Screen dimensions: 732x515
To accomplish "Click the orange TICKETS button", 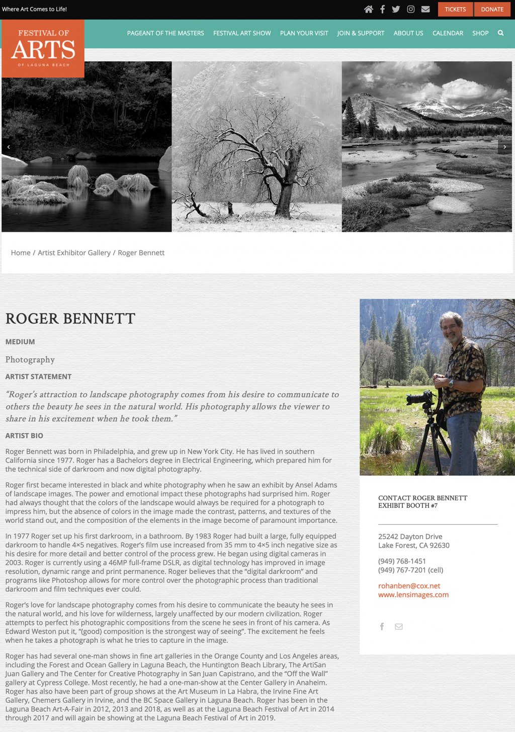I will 455,9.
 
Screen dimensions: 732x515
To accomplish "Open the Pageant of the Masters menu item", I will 165,33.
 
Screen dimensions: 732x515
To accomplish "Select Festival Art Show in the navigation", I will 242,33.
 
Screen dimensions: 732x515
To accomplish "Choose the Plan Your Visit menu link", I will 304,33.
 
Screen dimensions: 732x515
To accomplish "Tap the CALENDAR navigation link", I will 448,33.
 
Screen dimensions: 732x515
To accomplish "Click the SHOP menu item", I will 480,33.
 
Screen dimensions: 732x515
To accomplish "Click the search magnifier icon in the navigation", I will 500,33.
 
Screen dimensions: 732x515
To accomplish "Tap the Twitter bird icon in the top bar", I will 396,9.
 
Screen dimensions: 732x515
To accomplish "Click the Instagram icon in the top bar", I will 410,9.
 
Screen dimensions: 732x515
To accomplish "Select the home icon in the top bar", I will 369,9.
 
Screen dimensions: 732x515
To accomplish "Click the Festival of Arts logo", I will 43,49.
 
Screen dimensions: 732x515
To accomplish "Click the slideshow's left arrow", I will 9,147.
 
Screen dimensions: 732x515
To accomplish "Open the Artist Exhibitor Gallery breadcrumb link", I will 74,253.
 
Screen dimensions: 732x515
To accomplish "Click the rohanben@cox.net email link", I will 409,586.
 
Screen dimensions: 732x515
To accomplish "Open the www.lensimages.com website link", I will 413,595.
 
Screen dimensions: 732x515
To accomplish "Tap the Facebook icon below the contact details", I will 382,626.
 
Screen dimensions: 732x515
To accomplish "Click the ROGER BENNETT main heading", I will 70,318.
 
